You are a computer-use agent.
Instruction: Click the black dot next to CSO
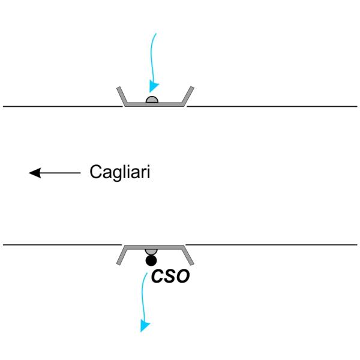pyautogui.click(x=151, y=260)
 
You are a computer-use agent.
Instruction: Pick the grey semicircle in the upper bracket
pyautogui.click(x=152, y=100)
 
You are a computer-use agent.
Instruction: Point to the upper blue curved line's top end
pyautogui.click(x=157, y=34)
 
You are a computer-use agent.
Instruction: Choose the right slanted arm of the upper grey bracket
pyautogui.click(x=188, y=96)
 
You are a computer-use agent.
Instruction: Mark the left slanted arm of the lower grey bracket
pyautogui.click(x=120, y=255)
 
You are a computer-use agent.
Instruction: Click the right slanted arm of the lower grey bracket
pyautogui.click(x=188, y=255)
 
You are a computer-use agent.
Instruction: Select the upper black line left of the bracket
pyautogui.click(x=60, y=106)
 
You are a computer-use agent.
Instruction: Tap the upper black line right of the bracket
pyautogui.click(x=270, y=106)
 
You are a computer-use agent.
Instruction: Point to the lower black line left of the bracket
pyautogui.click(x=60, y=245)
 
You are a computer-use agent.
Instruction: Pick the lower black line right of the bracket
pyautogui.click(x=270, y=245)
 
